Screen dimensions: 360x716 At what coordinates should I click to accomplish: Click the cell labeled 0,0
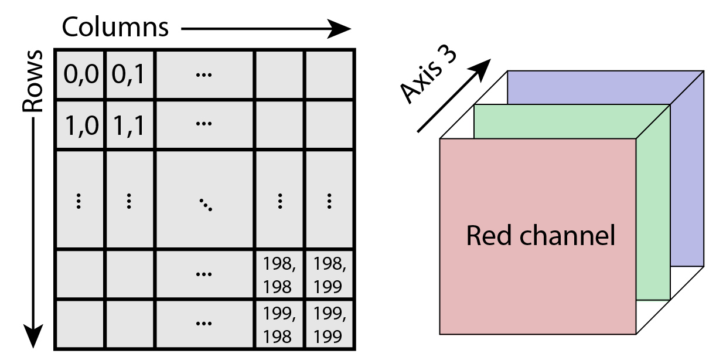pos(80,74)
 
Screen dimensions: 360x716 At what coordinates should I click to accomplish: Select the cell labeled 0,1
pos(129,74)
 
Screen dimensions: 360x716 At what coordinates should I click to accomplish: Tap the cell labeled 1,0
pos(80,125)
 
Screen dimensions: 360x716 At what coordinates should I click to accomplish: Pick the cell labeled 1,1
pos(129,125)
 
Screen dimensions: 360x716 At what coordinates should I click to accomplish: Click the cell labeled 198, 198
pos(279,273)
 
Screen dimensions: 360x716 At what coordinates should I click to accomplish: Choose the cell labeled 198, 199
pos(329,273)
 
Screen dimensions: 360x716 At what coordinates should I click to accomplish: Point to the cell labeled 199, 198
pos(279,323)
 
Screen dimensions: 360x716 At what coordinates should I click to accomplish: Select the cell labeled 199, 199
pos(329,323)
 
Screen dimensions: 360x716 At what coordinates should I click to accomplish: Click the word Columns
pos(115,27)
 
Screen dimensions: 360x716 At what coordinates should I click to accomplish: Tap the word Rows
pos(33,81)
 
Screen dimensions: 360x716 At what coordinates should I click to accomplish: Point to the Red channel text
pos(540,236)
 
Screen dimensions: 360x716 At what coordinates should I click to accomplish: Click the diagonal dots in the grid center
pos(205,203)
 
